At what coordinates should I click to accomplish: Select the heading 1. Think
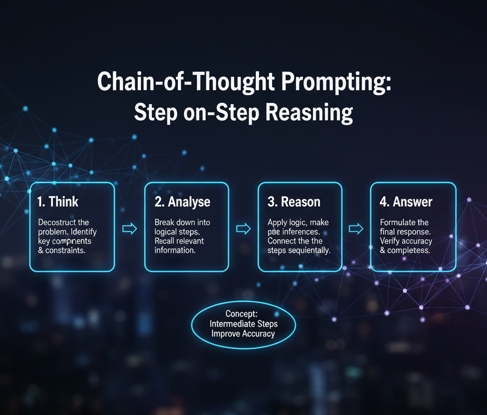click(58, 201)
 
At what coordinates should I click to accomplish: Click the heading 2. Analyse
click(182, 201)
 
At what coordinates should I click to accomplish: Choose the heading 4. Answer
click(406, 201)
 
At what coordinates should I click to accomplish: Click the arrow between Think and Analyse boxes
click(129, 229)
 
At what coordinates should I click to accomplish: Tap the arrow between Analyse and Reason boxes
click(243, 229)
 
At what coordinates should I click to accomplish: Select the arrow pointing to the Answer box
click(356, 229)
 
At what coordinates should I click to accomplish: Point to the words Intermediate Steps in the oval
click(243, 324)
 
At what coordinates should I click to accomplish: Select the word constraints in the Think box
click(65, 250)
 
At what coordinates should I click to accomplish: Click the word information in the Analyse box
click(175, 250)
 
